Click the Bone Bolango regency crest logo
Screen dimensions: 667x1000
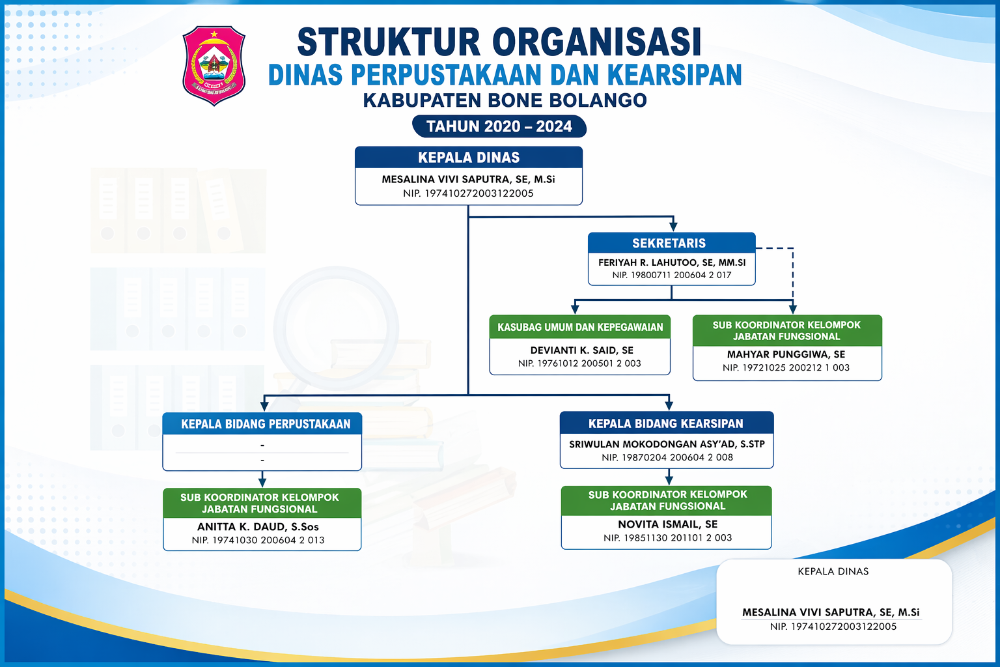(x=214, y=66)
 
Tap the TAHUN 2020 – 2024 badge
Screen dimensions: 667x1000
(x=499, y=126)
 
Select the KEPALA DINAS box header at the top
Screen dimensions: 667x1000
(x=469, y=157)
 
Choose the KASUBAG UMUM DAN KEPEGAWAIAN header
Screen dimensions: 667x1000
(x=580, y=327)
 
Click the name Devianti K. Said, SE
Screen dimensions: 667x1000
(x=581, y=350)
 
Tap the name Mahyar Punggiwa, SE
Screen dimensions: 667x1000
(x=786, y=354)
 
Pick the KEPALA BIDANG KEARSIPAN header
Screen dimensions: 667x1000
(x=665, y=423)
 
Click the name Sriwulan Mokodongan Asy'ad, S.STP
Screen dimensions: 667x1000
(x=667, y=444)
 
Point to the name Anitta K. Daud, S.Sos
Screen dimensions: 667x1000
(x=258, y=527)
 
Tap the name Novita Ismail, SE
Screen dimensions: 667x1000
(x=667, y=524)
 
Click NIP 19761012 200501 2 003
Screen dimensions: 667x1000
(x=579, y=363)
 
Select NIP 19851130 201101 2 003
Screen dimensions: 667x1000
(x=667, y=538)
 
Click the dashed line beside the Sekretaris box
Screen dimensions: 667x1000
(x=792, y=274)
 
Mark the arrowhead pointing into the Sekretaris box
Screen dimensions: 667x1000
(x=673, y=227)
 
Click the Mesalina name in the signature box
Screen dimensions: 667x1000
(x=831, y=612)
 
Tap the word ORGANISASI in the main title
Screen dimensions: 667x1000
(x=596, y=42)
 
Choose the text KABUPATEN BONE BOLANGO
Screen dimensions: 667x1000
(x=505, y=100)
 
